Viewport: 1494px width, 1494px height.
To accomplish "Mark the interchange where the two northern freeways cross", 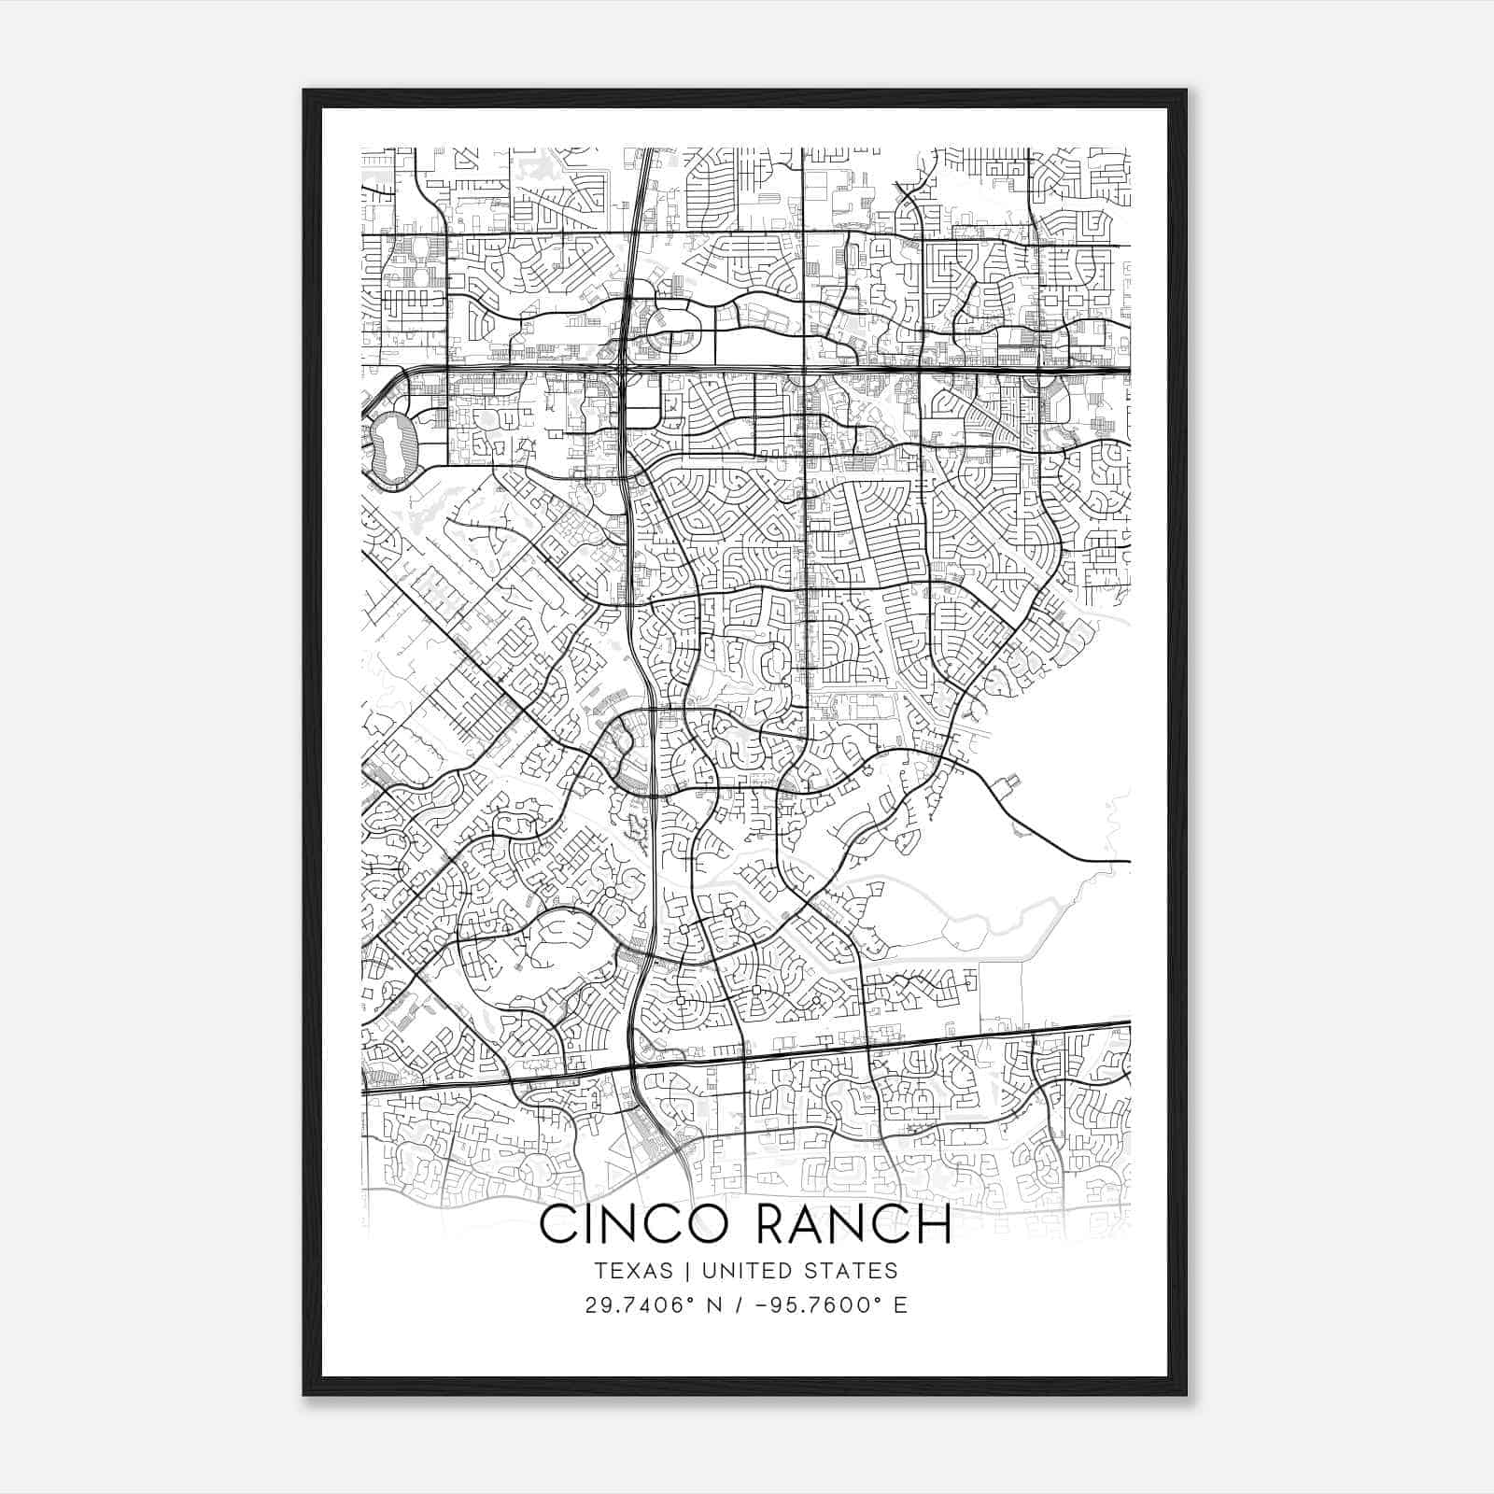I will pyautogui.click(x=623, y=369).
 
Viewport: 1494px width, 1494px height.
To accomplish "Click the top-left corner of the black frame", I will pyautogui.click(x=304, y=91).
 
